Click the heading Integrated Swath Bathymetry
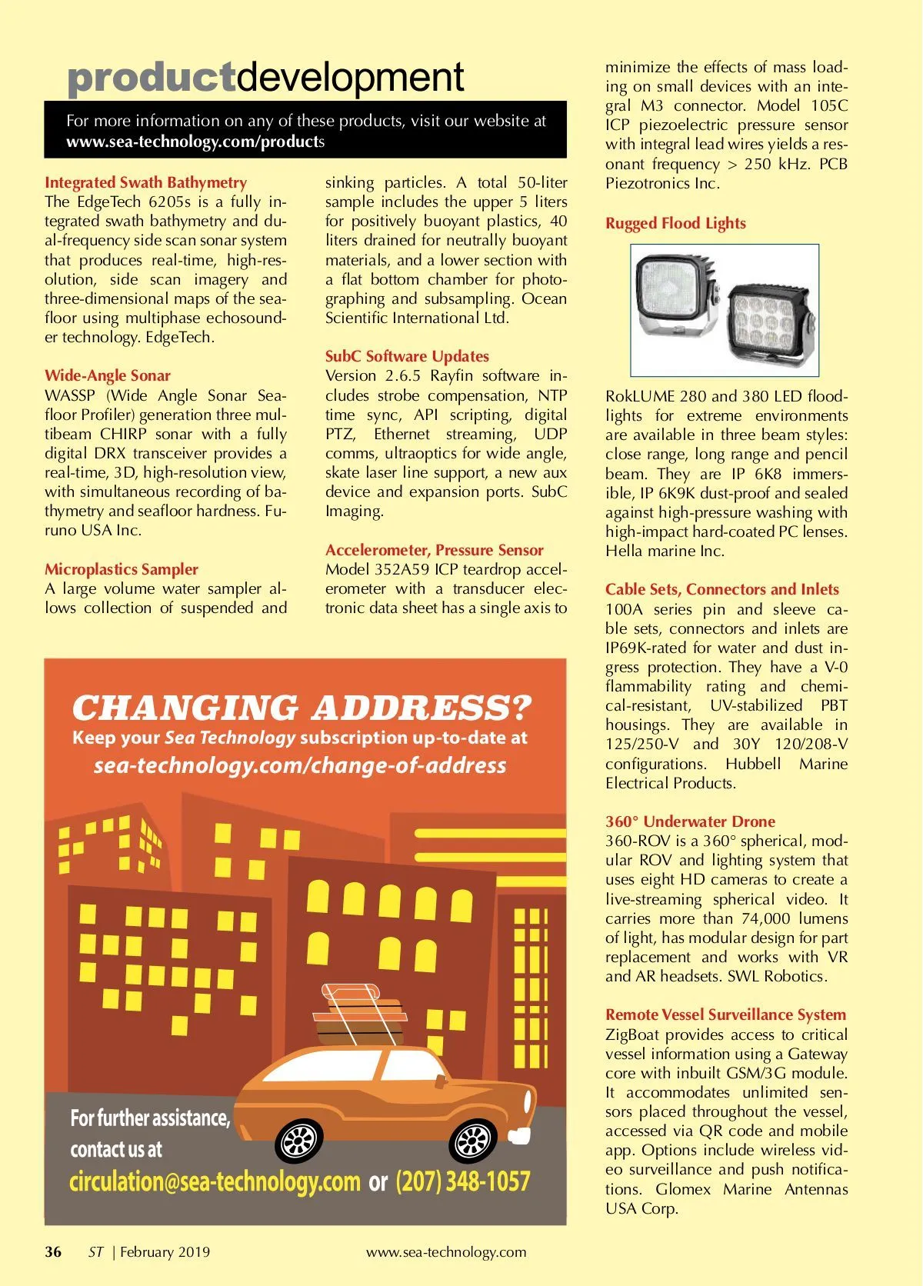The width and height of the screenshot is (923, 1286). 145,182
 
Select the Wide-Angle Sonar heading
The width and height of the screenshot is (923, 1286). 108,375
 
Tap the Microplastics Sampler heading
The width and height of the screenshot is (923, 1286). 122,569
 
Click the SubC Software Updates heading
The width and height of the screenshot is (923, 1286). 407,356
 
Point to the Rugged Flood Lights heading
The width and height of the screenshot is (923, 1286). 675,223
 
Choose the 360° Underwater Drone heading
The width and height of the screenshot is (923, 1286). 690,821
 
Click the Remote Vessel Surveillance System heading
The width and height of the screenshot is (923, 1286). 725,1014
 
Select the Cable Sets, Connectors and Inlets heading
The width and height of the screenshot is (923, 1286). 721,589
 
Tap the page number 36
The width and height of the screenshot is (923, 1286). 53,1251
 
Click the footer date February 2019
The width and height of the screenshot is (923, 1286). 165,1251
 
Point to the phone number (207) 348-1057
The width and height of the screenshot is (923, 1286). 463,1181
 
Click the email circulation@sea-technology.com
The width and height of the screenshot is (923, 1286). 215,1181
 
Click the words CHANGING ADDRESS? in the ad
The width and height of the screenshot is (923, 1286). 302,707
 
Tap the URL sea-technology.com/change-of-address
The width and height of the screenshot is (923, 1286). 300,765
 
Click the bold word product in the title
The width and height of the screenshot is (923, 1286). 152,78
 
